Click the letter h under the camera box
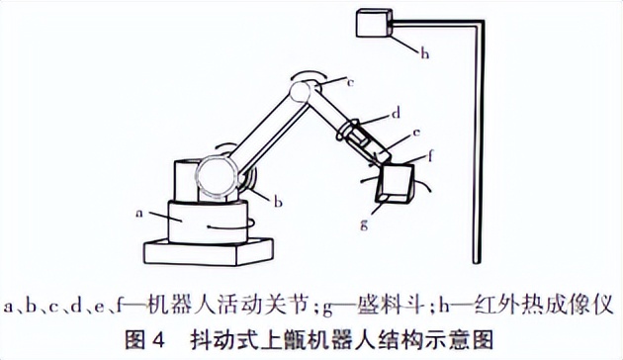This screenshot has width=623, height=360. (424, 55)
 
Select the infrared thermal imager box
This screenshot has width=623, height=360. (374, 25)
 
